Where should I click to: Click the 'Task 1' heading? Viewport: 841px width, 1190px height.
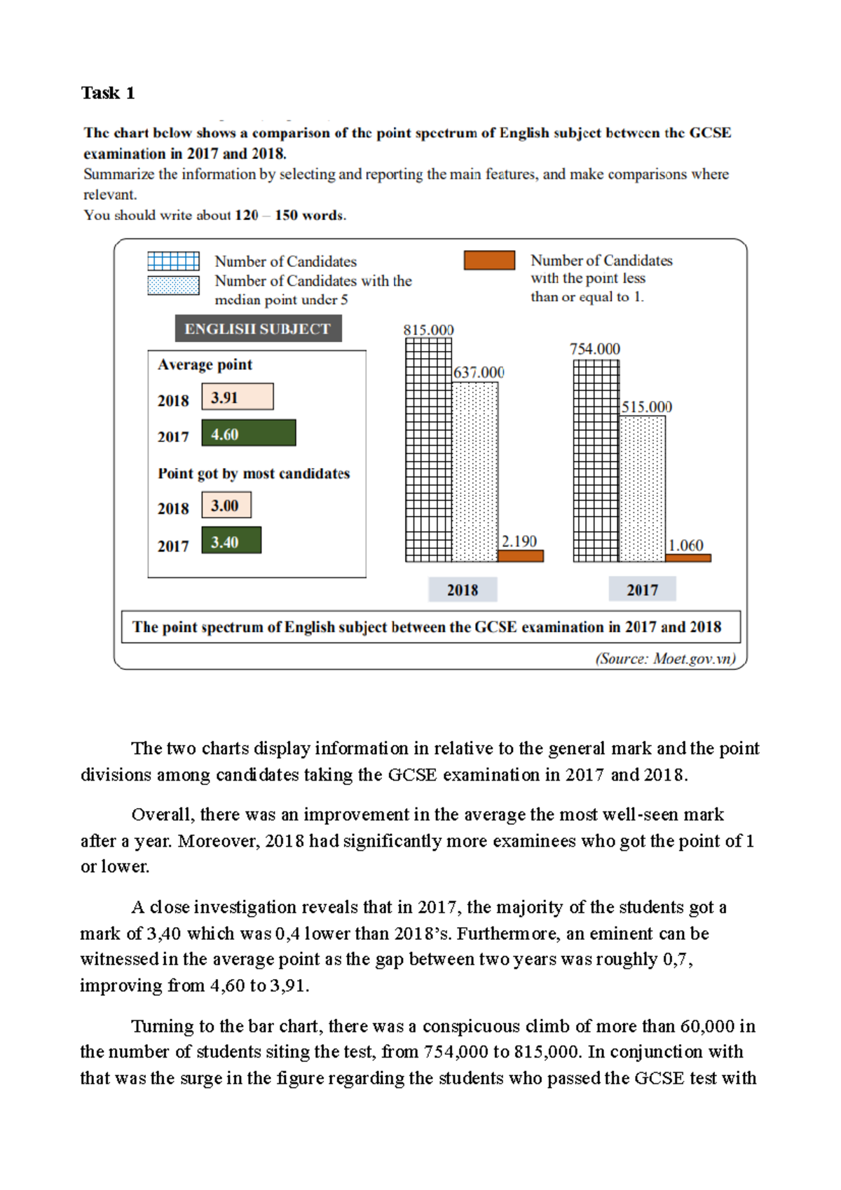(x=107, y=93)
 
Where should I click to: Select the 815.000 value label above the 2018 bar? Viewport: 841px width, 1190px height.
(x=428, y=330)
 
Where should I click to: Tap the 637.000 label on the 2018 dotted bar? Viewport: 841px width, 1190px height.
(x=479, y=373)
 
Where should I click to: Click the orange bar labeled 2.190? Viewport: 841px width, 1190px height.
(x=520, y=556)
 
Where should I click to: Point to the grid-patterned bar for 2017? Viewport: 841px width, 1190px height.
(x=596, y=460)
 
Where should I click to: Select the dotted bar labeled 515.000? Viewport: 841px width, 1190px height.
(x=642, y=488)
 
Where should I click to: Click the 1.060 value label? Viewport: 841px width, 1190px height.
(x=685, y=545)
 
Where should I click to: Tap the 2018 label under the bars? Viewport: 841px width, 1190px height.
(x=463, y=590)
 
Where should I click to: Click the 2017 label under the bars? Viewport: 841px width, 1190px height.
(x=642, y=590)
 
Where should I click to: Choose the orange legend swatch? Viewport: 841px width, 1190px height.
(x=489, y=260)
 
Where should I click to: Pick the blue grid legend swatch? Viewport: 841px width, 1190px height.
(x=173, y=261)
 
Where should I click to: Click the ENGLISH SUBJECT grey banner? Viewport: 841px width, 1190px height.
(x=258, y=329)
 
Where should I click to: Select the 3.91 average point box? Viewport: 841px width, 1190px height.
(x=237, y=397)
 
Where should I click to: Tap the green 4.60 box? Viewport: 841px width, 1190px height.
(x=248, y=434)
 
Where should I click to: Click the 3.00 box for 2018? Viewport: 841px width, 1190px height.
(x=226, y=505)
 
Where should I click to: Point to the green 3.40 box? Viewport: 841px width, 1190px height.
(x=231, y=541)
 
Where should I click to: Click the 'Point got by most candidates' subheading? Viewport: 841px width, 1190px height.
(x=253, y=474)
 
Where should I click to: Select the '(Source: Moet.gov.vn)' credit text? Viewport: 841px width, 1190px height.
(x=665, y=659)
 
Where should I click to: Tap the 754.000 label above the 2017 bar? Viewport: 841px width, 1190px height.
(x=594, y=349)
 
